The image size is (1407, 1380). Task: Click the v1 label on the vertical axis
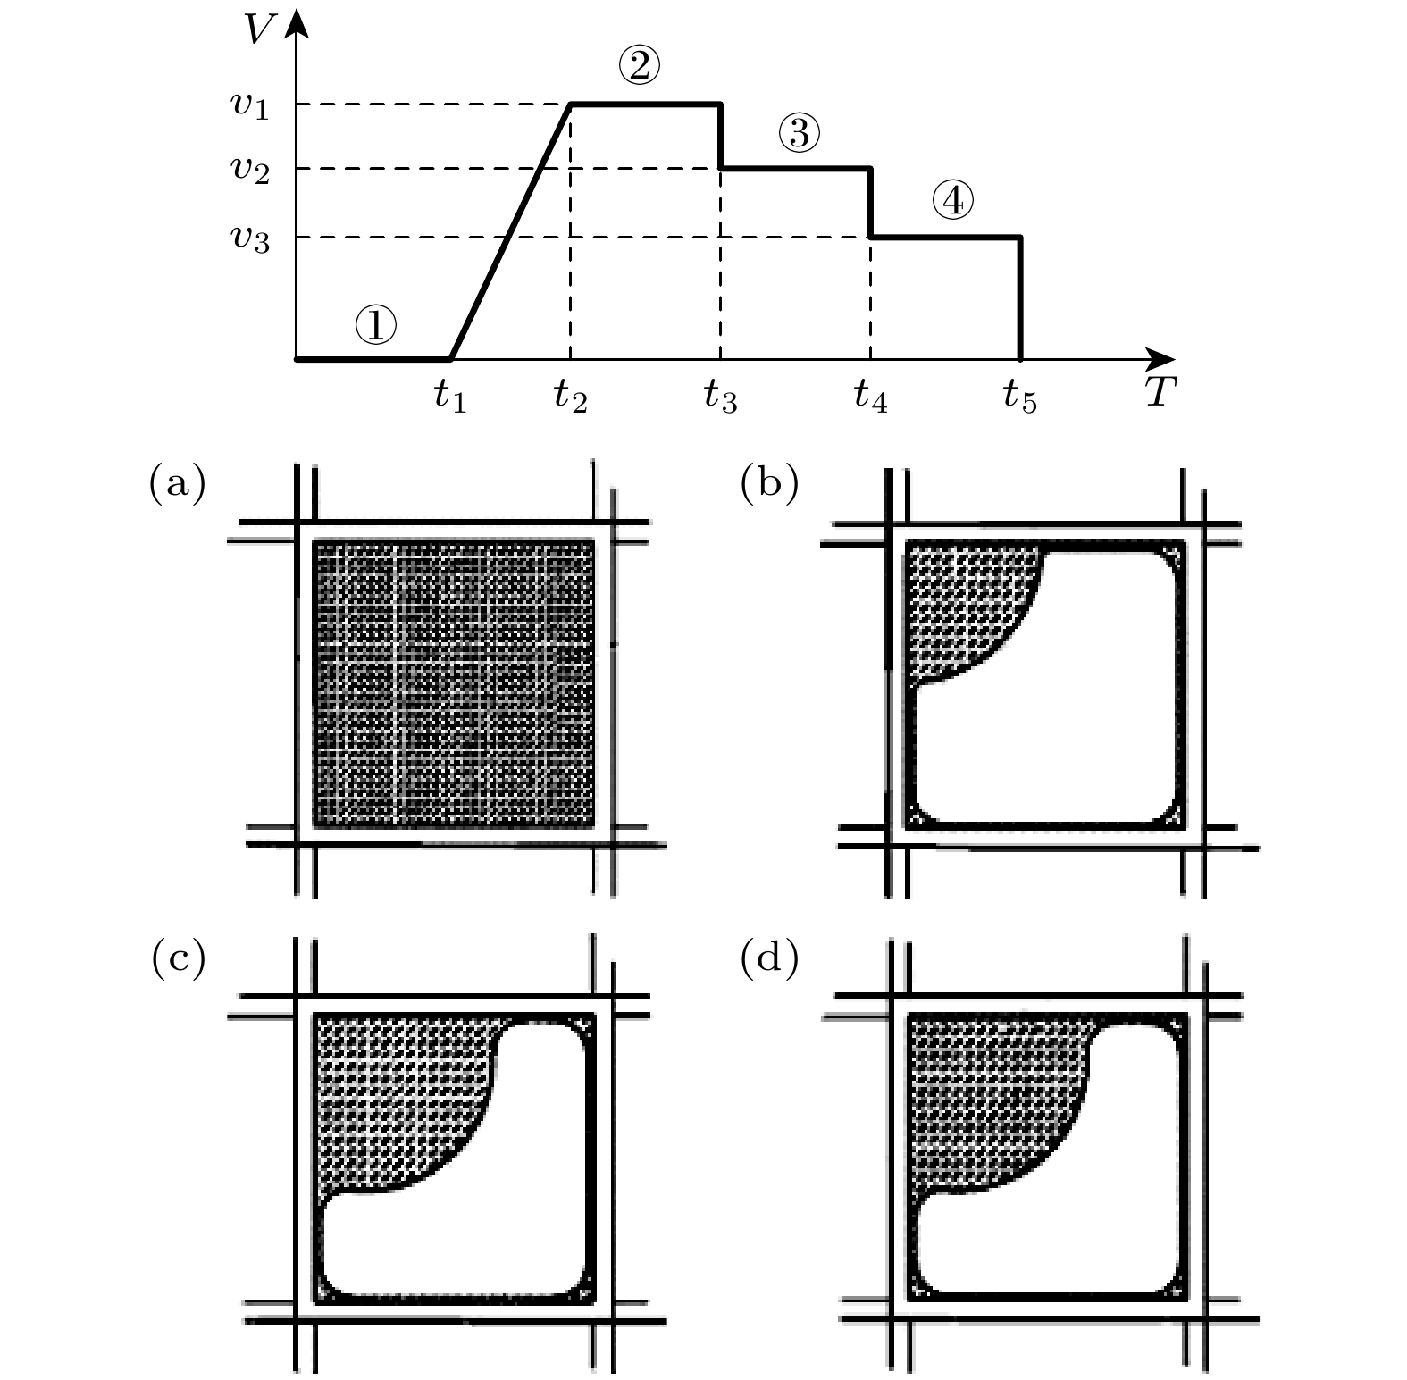coord(250,105)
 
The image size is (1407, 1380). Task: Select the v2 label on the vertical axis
coord(250,169)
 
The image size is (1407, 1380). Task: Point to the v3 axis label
coord(250,238)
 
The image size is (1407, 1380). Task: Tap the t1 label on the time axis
coord(450,396)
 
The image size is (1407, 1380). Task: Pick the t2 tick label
coord(570,396)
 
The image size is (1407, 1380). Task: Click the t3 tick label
coord(720,396)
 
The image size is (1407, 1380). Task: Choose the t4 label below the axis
coord(870,396)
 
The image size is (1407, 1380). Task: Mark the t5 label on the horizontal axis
coord(1019,396)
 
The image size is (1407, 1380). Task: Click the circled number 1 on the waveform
coord(375,325)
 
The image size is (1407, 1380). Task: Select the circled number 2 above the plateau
coord(639,65)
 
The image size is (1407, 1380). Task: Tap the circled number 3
coord(799,133)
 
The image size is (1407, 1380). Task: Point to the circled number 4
coord(952,202)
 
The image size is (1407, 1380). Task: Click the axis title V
coord(260,29)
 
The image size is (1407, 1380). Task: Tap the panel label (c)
coord(178,958)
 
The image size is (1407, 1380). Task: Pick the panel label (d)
coord(769,958)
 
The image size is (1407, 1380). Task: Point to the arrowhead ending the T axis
coord(1161,359)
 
